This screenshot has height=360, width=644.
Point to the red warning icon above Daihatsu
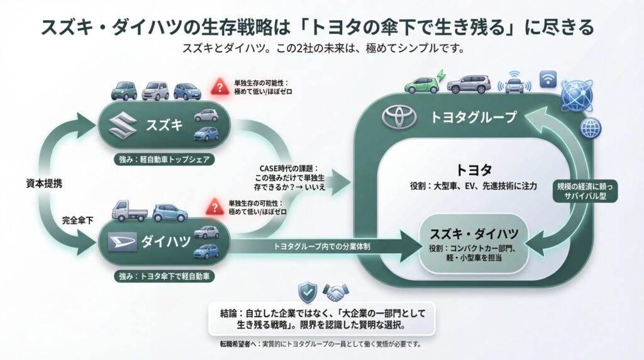tap(215, 206)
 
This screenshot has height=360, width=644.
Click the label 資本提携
tap(40, 184)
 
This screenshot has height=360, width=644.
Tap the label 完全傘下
tap(77, 221)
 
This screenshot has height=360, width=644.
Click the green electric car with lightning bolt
tap(422, 84)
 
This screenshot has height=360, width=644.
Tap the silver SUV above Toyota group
tap(469, 84)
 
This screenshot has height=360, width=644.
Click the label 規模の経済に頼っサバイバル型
tap(587, 191)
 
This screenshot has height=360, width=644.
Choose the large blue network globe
tap(577, 96)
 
